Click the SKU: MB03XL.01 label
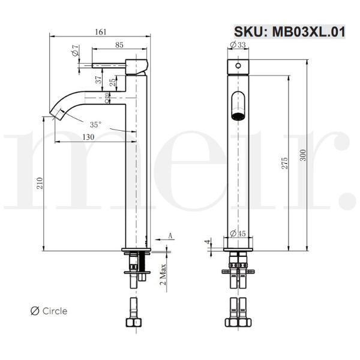289,32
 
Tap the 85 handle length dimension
119,44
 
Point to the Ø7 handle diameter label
76,52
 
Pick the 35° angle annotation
95,125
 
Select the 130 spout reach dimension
88,137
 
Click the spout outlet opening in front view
238,106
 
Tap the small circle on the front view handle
238,65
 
